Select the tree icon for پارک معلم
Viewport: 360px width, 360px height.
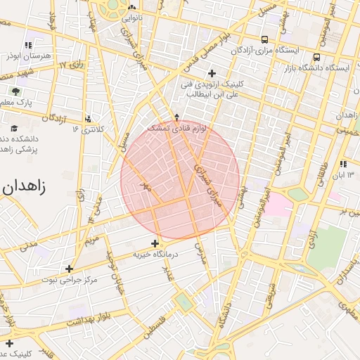[x=15, y=91]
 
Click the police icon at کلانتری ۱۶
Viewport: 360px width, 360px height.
[x=88, y=119]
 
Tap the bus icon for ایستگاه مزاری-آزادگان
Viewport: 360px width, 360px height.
[x=264, y=40]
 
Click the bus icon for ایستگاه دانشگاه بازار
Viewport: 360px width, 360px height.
[x=316, y=58]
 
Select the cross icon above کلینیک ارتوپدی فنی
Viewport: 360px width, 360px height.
[x=212, y=73]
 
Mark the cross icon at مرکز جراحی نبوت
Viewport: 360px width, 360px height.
[x=69, y=269]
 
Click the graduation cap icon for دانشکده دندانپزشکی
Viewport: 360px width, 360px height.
[x=15, y=128]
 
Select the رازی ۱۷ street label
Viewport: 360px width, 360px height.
[x=71, y=65]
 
